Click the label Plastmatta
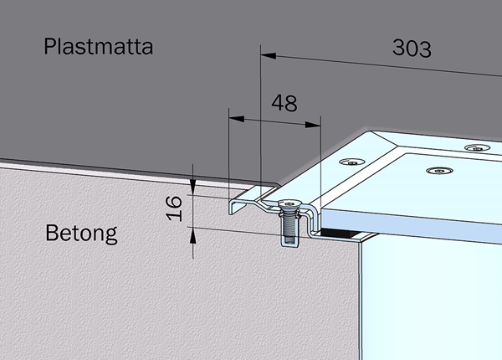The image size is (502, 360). coord(98,47)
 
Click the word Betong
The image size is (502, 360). coord(82,233)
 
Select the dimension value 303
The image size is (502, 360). coord(412,49)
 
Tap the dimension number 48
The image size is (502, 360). coord(284,103)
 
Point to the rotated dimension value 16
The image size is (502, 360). coord(174,208)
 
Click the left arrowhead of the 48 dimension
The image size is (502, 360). coord(236,119)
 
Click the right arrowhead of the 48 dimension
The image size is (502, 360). coord(313,125)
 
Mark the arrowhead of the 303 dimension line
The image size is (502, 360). coord(269,56)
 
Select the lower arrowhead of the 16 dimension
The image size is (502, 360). coord(192,236)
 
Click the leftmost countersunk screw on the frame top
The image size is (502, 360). coord(351,162)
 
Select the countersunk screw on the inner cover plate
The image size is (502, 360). coord(439,171)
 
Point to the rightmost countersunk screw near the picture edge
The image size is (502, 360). coord(478,148)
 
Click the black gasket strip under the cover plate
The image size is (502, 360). coord(340,233)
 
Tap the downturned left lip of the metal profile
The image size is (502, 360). coord(231,208)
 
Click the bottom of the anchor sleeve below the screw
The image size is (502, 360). coord(290,244)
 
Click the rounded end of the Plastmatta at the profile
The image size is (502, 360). coord(276,185)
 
